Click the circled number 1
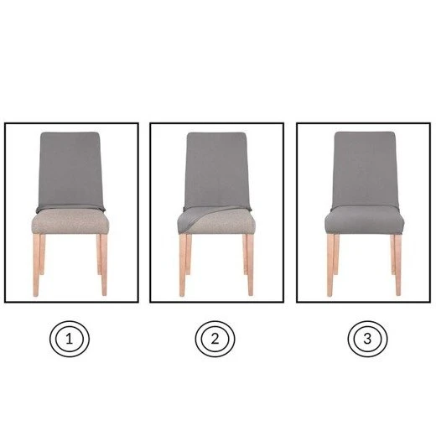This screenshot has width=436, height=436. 70,339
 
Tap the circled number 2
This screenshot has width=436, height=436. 215,339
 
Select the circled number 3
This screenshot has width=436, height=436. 367,339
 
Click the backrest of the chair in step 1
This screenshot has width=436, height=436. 70,170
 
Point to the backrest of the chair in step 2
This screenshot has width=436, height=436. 216,170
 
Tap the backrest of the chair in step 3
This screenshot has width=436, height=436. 365,169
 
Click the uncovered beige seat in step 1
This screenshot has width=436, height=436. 70,221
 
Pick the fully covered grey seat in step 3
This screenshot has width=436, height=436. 365,220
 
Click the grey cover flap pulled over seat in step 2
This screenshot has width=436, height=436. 195,216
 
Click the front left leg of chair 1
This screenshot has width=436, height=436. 36,265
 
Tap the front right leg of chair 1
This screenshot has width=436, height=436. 104,265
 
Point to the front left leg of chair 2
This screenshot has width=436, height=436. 183,265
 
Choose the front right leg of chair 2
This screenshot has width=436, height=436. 250,265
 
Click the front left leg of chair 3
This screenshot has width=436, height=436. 330,265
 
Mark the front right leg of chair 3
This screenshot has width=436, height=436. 398,265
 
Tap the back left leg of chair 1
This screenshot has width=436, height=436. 42,254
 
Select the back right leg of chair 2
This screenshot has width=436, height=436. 245,254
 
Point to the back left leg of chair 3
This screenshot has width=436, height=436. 336,254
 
